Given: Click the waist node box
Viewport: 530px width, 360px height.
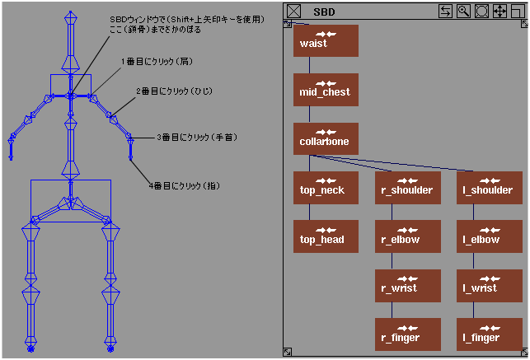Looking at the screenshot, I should [x=326, y=40].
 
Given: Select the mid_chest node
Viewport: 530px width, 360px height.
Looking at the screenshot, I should [x=326, y=90].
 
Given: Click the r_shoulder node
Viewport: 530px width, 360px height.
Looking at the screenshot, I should [x=407, y=188].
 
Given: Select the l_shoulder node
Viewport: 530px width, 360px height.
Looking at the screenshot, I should [x=488, y=188].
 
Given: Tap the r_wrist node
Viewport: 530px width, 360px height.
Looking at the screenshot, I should [x=407, y=286].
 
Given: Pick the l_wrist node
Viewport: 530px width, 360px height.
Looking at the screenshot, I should [x=488, y=286].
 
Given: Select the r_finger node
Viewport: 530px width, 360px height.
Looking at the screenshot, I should [x=407, y=334].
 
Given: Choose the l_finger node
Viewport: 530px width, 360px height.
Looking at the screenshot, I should [x=488, y=334].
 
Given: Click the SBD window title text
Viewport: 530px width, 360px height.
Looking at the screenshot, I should [x=324, y=12].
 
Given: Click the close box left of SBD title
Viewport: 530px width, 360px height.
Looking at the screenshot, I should [x=294, y=12].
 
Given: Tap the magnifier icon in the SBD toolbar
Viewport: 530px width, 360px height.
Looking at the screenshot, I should [x=463, y=12].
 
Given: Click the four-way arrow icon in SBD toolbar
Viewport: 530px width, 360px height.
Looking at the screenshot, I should [x=500, y=12].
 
